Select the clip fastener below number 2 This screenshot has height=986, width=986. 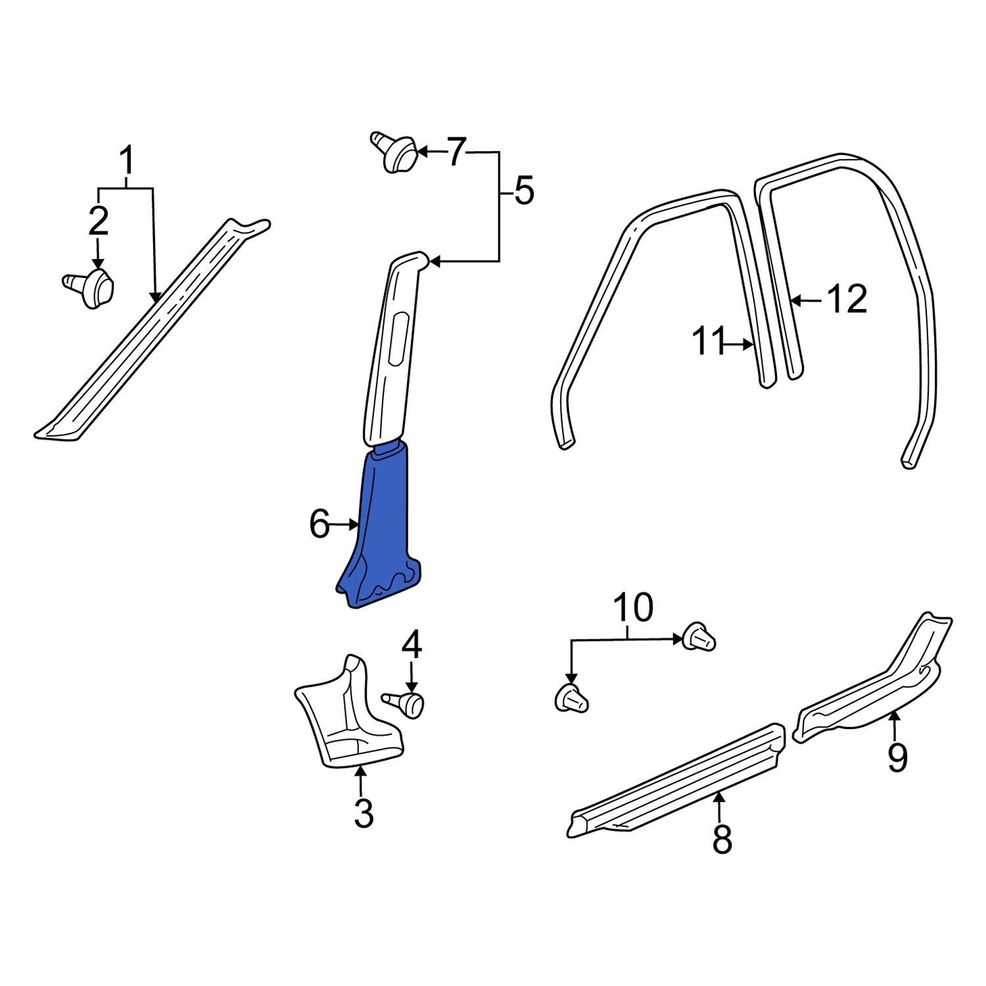[91, 288]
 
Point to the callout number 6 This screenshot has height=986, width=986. [319, 525]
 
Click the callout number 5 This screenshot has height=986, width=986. [523, 192]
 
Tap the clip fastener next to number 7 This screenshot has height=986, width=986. [395, 153]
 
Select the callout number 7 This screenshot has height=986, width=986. [456, 153]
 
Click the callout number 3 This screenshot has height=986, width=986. [364, 814]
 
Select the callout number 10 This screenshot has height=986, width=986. [632, 608]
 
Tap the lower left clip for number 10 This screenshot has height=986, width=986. [571, 699]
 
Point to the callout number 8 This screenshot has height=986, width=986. [722, 839]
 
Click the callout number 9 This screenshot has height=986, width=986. [897, 759]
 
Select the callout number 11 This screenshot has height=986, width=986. [709, 342]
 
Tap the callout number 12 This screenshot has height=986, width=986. [847, 300]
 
